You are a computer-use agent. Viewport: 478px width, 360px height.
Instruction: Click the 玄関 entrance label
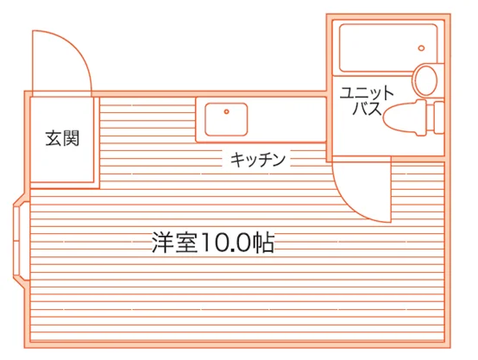click(x=62, y=138)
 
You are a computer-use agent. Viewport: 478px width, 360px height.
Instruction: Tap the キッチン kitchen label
click(x=258, y=159)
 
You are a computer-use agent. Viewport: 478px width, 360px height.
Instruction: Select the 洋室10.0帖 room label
click(x=213, y=243)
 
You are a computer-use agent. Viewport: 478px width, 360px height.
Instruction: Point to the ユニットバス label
click(x=367, y=101)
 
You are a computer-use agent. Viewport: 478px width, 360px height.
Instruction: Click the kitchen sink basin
click(x=226, y=119)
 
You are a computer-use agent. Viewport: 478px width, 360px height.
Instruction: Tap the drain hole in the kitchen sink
click(x=226, y=111)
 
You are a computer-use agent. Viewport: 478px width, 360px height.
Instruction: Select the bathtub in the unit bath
click(x=388, y=47)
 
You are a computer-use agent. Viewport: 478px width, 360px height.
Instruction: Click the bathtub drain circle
click(x=421, y=47)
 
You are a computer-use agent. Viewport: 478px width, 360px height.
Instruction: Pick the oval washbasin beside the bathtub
click(x=426, y=80)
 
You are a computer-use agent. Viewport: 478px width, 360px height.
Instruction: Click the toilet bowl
click(x=404, y=117)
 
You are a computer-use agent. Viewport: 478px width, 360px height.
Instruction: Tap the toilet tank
click(x=438, y=117)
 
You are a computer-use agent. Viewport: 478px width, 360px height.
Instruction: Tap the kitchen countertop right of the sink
click(x=286, y=120)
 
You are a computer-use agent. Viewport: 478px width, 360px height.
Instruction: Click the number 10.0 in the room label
click(x=225, y=243)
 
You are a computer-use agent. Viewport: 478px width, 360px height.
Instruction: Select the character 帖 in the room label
click(x=264, y=243)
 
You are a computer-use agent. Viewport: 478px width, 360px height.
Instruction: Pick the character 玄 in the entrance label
click(x=53, y=138)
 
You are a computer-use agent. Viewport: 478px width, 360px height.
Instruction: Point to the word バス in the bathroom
click(x=367, y=108)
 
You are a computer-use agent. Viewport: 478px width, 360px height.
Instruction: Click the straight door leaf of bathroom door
click(x=391, y=190)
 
